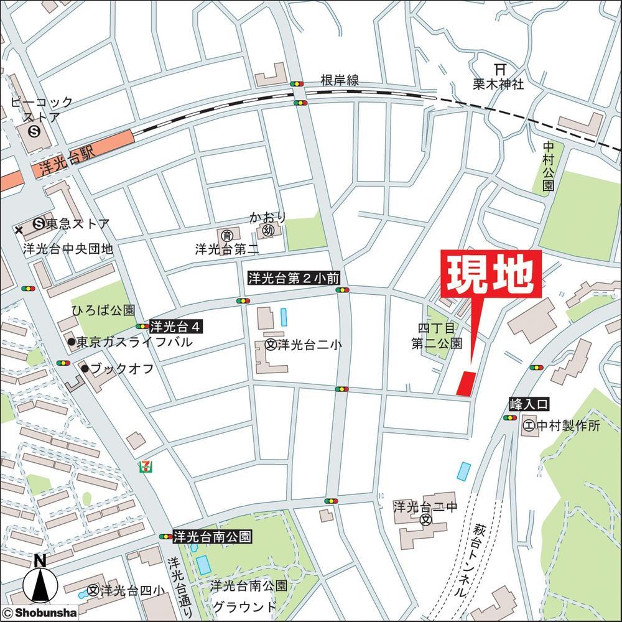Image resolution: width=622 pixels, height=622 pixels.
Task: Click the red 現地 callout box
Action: (x=491, y=275)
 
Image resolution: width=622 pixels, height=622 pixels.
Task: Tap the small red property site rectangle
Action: (x=466, y=383)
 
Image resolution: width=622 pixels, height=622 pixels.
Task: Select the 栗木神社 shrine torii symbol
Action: (x=498, y=70)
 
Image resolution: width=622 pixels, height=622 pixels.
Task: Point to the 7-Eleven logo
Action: (x=146, y=466)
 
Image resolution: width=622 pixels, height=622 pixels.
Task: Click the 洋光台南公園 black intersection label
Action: (x=212, y=536)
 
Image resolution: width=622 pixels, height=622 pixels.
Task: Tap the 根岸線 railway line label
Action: (x=340, y=81)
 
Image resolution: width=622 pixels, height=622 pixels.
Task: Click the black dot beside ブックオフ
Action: (x=84, y=368)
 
